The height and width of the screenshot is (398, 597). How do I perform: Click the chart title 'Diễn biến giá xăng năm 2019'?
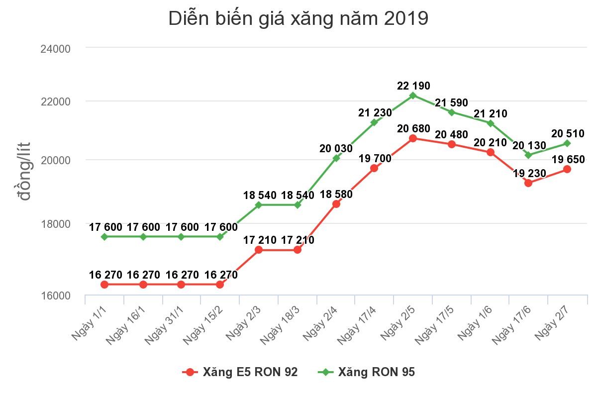[298, 19]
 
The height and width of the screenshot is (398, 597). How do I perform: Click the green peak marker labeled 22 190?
[413, 95]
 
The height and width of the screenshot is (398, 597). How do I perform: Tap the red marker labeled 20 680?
[413, 138]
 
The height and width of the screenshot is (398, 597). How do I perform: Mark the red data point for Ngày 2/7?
[567, 169]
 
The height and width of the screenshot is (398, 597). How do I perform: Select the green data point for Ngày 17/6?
[528, 155]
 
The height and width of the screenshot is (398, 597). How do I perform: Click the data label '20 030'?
[336, 148]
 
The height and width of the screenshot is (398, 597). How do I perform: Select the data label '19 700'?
[375, 159]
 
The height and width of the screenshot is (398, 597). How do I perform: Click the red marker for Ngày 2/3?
[259, 250]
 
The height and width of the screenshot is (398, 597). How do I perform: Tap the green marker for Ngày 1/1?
[104, 237]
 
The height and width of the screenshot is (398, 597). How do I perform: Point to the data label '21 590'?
[451, 103]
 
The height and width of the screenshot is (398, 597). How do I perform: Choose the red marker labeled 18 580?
[336, 204]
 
